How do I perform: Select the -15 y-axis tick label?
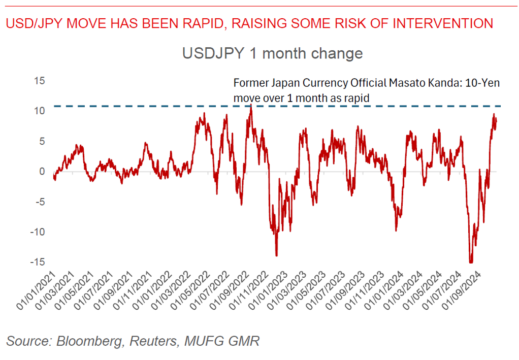point(37,261)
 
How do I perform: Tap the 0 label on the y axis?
point(42,171)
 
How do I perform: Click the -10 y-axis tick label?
point(37,232)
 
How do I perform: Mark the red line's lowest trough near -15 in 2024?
point(471,263)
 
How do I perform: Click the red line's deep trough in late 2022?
point(276,255)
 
